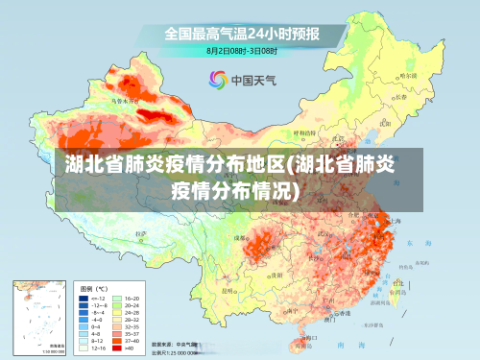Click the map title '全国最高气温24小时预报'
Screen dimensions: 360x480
point(241,33)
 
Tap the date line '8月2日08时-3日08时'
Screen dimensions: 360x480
point(241,50)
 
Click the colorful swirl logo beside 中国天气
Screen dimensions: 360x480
point(217,79)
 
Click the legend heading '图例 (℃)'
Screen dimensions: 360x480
point(93,287)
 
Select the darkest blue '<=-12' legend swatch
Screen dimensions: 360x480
point(84,299)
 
